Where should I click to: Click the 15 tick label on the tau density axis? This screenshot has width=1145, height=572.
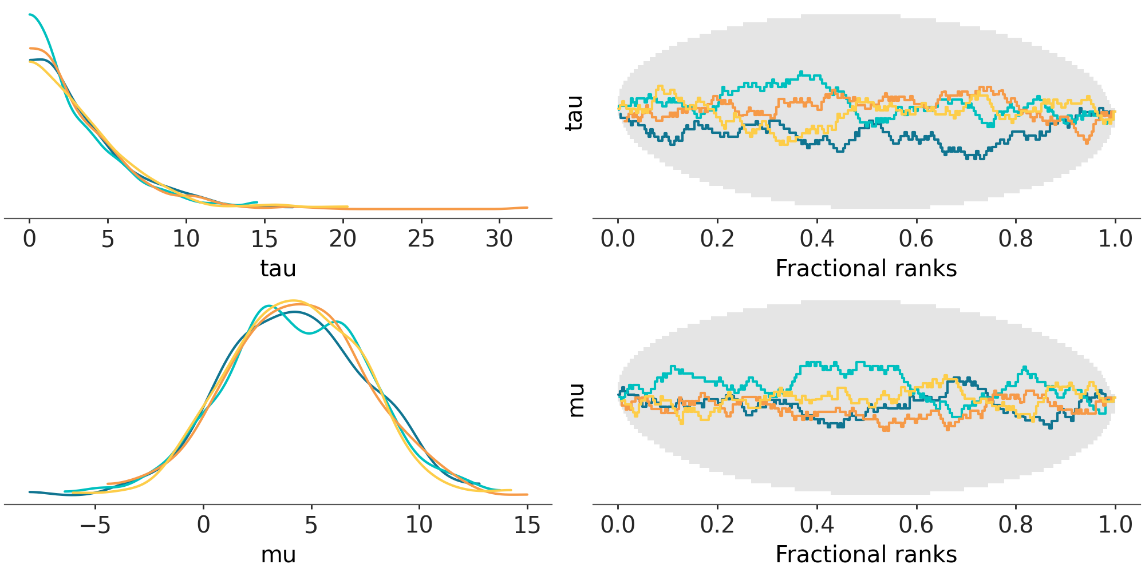pos(264,239)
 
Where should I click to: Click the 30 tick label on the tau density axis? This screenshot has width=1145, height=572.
pos(499,239)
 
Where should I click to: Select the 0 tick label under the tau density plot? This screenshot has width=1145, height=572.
pos(29,239)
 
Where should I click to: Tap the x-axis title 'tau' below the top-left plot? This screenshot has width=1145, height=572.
pos(278,268)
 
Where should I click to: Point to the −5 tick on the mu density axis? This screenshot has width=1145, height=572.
pos(95,525)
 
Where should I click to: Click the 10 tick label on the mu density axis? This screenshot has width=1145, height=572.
pos(418,525)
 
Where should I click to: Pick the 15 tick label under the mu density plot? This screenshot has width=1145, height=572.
pos(527,525)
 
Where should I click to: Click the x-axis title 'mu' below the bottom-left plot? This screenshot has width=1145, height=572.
pos(278,554)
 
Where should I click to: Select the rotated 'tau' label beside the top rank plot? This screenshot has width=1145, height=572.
pos(574,113)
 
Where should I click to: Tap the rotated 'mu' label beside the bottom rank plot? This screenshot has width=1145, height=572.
pos(576,400)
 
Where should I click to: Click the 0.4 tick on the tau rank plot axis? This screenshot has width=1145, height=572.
pos(816,239)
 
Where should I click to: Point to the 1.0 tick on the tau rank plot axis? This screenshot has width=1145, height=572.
pos(1115,239)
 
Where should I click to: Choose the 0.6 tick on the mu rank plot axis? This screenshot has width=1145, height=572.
pos(916,525)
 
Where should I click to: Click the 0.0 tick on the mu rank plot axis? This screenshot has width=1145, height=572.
pos(618,525)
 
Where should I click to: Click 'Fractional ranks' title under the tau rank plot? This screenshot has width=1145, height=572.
pos(866,268)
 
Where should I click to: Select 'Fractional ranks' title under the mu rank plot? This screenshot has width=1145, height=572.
pos(866,554)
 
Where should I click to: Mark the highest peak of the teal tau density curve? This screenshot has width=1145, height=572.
pos(30,14)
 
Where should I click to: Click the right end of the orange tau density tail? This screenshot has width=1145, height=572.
pos(527,208)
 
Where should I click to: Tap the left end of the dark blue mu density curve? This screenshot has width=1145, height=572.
pos(30,492)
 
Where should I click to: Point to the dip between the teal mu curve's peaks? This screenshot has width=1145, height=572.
pos(309,333)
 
